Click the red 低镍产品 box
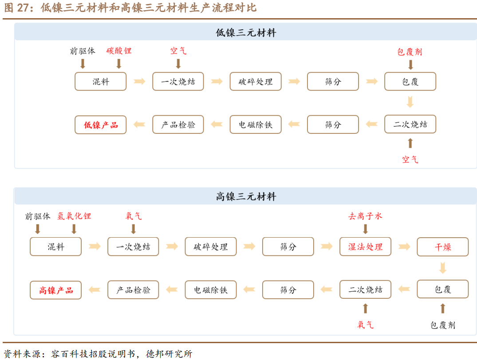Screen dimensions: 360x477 (x=101, y=125)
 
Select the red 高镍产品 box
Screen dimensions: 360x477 (x=55, y=290)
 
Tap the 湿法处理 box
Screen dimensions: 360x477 (x=365, y=247)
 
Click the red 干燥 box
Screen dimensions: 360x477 (x=442, y=247)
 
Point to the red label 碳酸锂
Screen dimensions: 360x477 (x=119, y=51)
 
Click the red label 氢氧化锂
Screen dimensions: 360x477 (x=74, y=216)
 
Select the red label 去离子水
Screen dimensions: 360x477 (x=365, y=216)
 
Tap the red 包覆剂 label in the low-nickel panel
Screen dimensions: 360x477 (x=410, y=52)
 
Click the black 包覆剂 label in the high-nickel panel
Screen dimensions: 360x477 (x=442, y=325)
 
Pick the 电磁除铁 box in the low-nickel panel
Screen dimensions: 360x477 (x=255, y=125)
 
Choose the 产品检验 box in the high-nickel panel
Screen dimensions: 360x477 (x=133, y=290)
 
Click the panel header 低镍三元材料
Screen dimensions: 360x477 (x=246, y=33)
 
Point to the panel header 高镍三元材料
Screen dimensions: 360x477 (x=246, y=197)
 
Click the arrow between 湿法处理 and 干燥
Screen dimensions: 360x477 (x=404, y=247)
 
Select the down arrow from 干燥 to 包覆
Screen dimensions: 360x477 (x=442, y=268)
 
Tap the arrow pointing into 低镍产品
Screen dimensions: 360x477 (x=139, y=125)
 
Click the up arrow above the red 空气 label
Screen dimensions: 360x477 (x=410, y=143)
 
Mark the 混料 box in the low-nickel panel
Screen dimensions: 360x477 (x=101, y=82)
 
